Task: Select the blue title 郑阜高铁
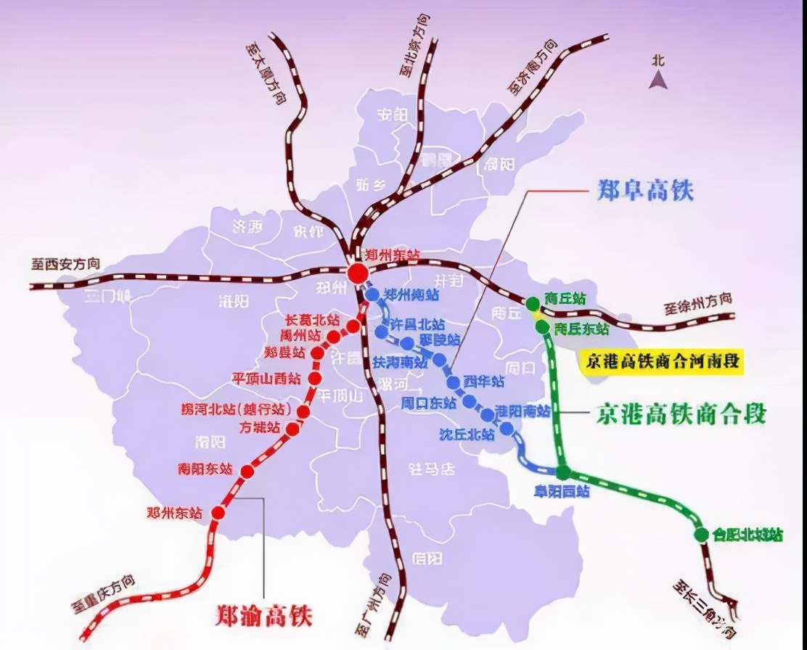[644, 191]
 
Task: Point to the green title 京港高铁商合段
[681, 414]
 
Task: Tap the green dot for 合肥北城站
[701, 535]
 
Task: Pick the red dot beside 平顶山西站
[315, 378]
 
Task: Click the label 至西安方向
[65, 263]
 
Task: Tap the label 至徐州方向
[697, 304]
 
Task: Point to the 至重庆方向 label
[103, 594]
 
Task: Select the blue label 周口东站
[428, 403]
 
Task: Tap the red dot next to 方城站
[292, 429]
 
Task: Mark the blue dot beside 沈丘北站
[507, 428]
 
